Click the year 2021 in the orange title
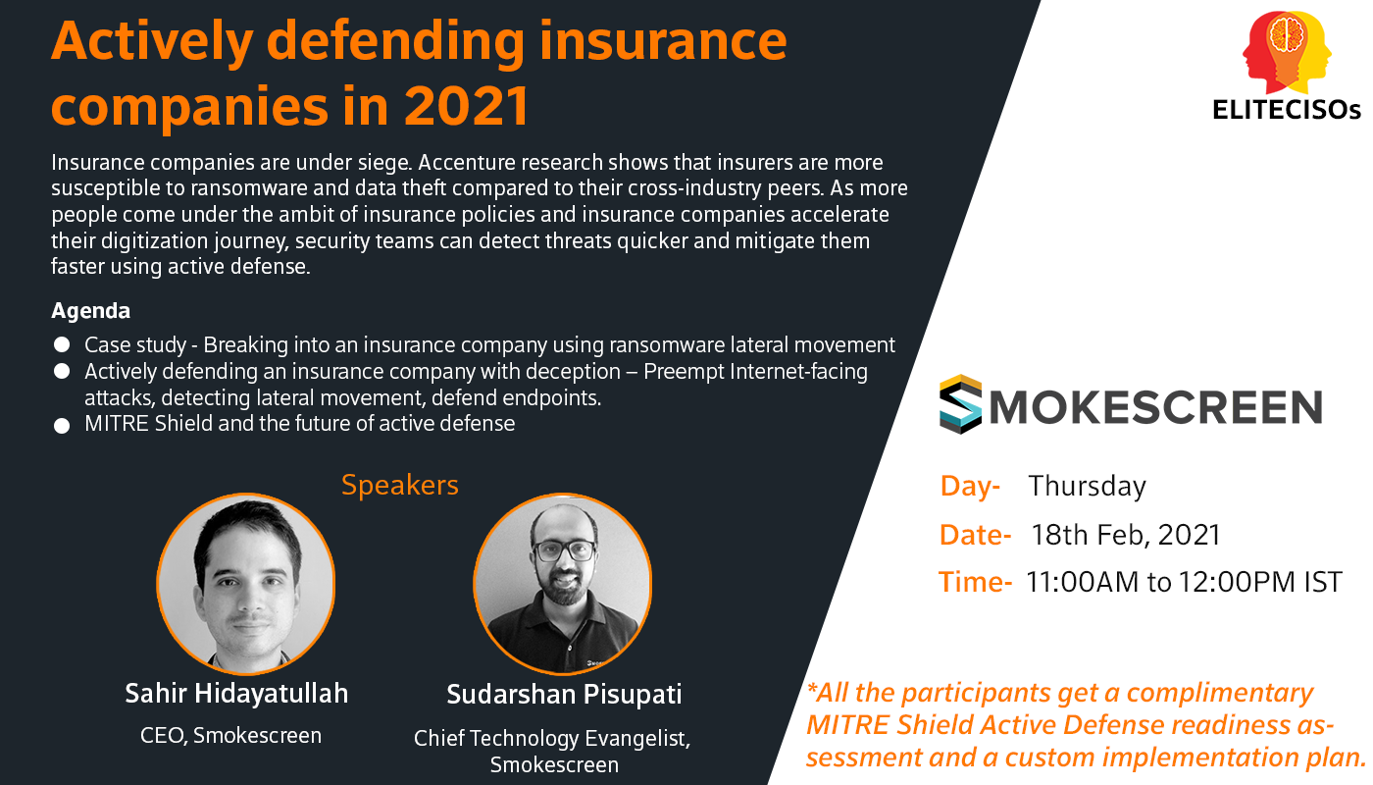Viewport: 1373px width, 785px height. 466,106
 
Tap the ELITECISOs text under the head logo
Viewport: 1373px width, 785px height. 1287,110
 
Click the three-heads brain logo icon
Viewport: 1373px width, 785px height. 1287,51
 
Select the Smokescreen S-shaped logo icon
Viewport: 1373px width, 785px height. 960,404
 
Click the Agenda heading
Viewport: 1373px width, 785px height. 90,311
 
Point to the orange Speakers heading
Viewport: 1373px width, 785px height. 400,485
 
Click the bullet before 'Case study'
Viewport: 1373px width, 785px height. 62,344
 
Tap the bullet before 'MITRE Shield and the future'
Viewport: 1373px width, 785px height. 62,426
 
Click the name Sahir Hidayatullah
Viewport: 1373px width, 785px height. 236,694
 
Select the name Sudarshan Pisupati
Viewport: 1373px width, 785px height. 564,695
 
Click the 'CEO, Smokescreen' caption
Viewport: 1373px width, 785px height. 230,735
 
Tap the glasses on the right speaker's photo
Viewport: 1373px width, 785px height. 565,550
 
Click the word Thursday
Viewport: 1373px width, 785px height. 1087,487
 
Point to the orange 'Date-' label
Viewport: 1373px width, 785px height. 975,535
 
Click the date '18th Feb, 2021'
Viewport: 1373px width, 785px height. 1126,535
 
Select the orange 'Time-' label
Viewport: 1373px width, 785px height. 975,582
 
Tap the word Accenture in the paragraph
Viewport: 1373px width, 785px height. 468,163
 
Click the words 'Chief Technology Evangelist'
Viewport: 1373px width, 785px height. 551,738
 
